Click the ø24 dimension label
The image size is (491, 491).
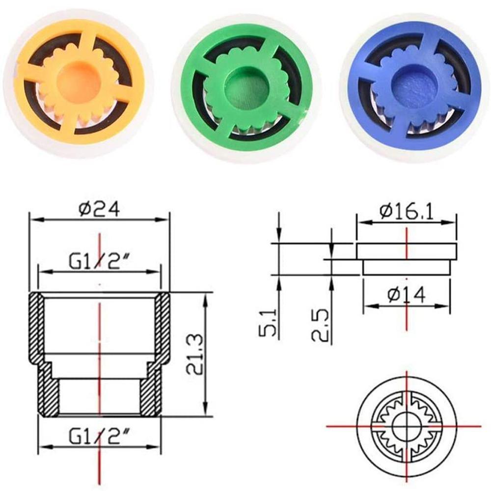(x=99, y=210)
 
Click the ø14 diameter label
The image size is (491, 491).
(x=407, y=295)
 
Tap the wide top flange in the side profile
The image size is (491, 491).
(x=406, y=251)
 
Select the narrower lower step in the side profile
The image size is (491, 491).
(x=406, y=268)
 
